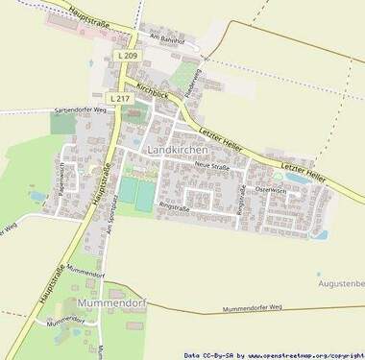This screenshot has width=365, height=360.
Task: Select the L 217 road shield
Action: pos(119,99)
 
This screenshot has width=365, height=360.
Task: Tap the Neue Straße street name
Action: pos(212,167)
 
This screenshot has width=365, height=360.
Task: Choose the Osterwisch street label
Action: pos(271,190)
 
